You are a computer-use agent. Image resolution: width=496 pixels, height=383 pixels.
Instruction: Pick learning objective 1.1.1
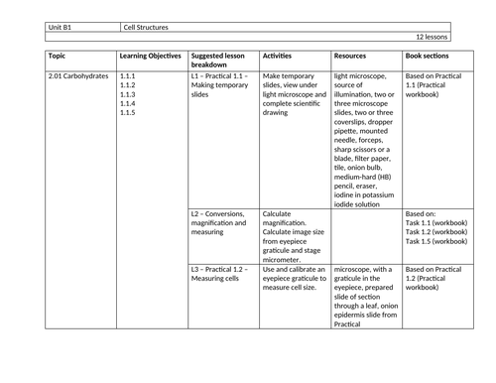click(x=127, y=75)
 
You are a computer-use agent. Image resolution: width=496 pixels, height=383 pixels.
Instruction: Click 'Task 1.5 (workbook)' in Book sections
click(x=437, y=241)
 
